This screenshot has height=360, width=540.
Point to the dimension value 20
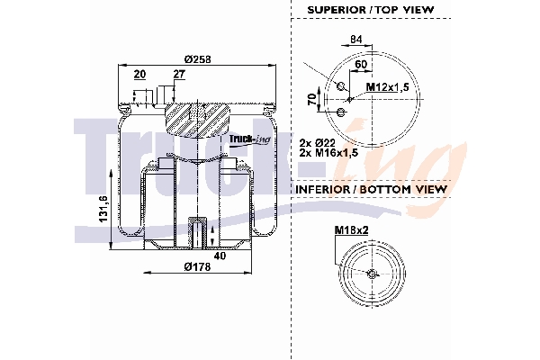pos(139,75)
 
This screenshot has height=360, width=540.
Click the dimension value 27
pos(179,75)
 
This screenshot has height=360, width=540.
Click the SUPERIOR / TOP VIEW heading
pos(370,9)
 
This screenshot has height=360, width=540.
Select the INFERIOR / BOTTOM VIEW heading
pos(372,190)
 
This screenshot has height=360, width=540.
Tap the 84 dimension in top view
pos(355,39)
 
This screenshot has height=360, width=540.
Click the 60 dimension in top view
pos(360,65)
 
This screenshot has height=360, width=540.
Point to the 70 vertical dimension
pos(311,98)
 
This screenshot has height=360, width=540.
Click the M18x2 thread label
pos(350,230)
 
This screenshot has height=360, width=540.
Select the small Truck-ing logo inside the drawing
pos(247,139)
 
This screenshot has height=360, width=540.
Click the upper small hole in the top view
pos(341,85)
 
